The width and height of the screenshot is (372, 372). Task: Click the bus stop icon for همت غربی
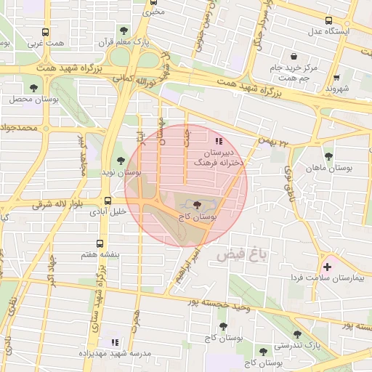click(x=46, y=32)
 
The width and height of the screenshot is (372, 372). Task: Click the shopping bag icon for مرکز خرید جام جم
click(x=294, y=56)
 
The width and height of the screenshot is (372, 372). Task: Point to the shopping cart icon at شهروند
click(x=336, y=78)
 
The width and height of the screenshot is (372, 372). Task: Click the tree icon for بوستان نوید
click(x=121, y=161)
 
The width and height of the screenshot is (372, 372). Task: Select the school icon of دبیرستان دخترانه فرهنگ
click(x=219, y=141)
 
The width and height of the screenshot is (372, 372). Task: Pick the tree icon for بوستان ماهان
click(x=328, y=155)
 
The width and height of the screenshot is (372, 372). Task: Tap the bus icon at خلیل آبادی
click(x=108, y=201)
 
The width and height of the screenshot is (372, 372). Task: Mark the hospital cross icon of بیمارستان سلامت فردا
click(x=326, y=267)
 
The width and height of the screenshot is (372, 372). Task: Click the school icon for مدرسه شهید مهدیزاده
click(x=113, y=341)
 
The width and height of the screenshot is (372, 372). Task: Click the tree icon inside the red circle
click(x=198, y=206)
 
